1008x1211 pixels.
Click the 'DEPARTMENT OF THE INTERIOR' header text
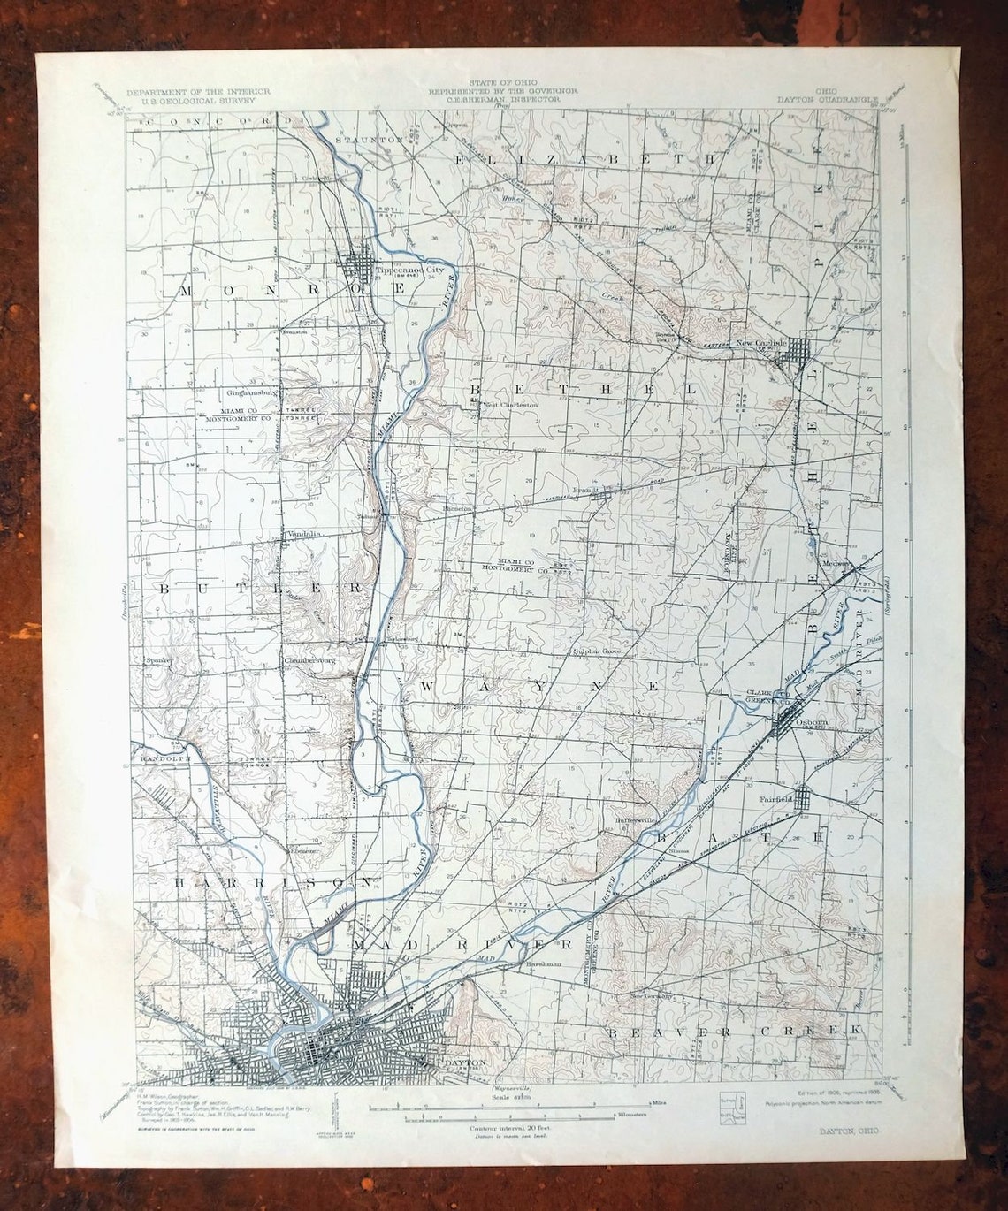(198, 92)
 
